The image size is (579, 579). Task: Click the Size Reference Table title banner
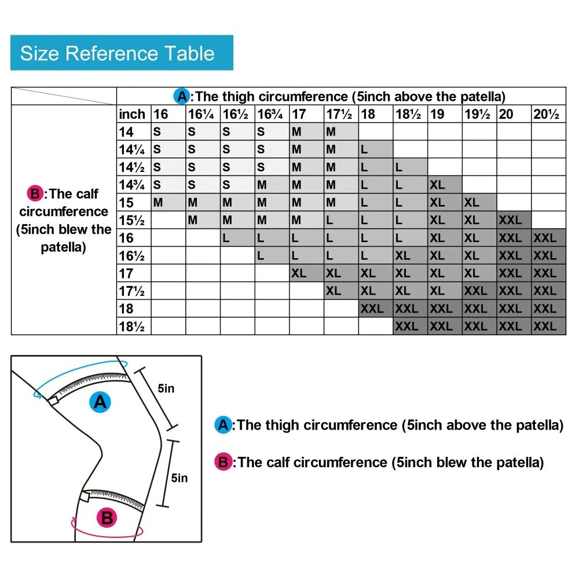coord(122,53)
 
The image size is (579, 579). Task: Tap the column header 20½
coord(547,114)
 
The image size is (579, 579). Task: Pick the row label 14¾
coord(131,185)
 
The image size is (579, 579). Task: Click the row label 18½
coord(131,326)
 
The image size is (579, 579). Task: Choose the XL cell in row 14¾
coord(438,185)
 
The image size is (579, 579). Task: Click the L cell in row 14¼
coord(364,150)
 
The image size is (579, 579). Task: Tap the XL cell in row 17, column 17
coord(299,273)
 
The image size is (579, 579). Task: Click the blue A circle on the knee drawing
coord(101,401)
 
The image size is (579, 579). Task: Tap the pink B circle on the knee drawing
coord(107,517)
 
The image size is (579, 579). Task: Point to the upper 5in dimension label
coord(166,389)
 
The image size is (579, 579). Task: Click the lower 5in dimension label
coord(179,478)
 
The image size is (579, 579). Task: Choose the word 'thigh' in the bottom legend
coord(283,425)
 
